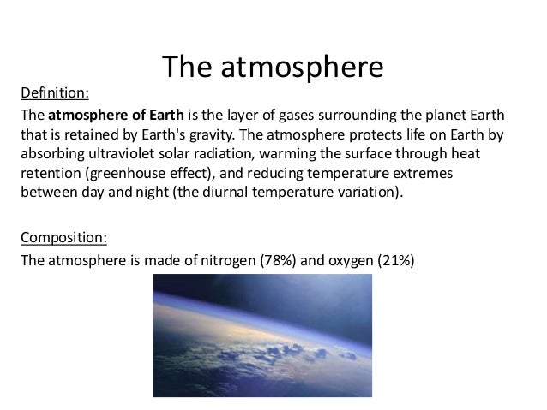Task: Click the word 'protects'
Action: pos(332,134)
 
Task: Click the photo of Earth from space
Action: pos(262,336)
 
